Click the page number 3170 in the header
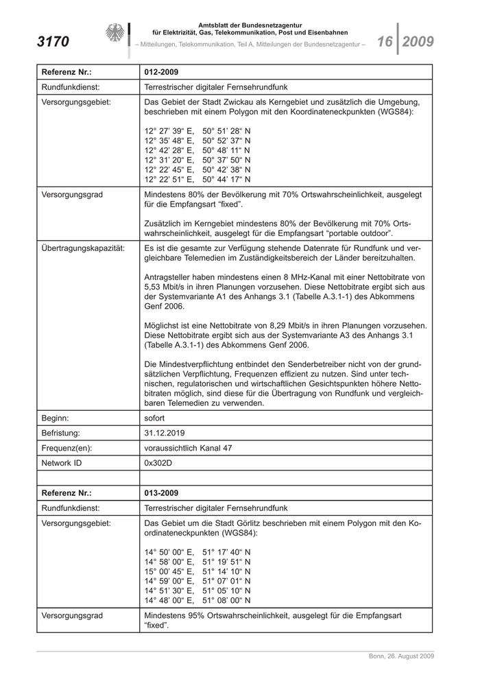(x=53, y=42)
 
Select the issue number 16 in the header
(x=384, y=42)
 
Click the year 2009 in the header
(x=418, y=42)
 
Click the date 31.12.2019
(x=165, y=433)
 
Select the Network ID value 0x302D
(x=158, y=463)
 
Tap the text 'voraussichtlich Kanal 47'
(x=189, y=448)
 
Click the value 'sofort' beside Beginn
(x=155, y=418)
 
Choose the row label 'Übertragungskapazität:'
(x=83, y=248)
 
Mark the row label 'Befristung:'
(x=61, y=433)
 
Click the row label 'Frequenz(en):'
(x=67, y=448)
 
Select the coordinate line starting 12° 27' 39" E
(x=197, y=130)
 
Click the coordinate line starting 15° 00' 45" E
(x=197, y=571)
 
